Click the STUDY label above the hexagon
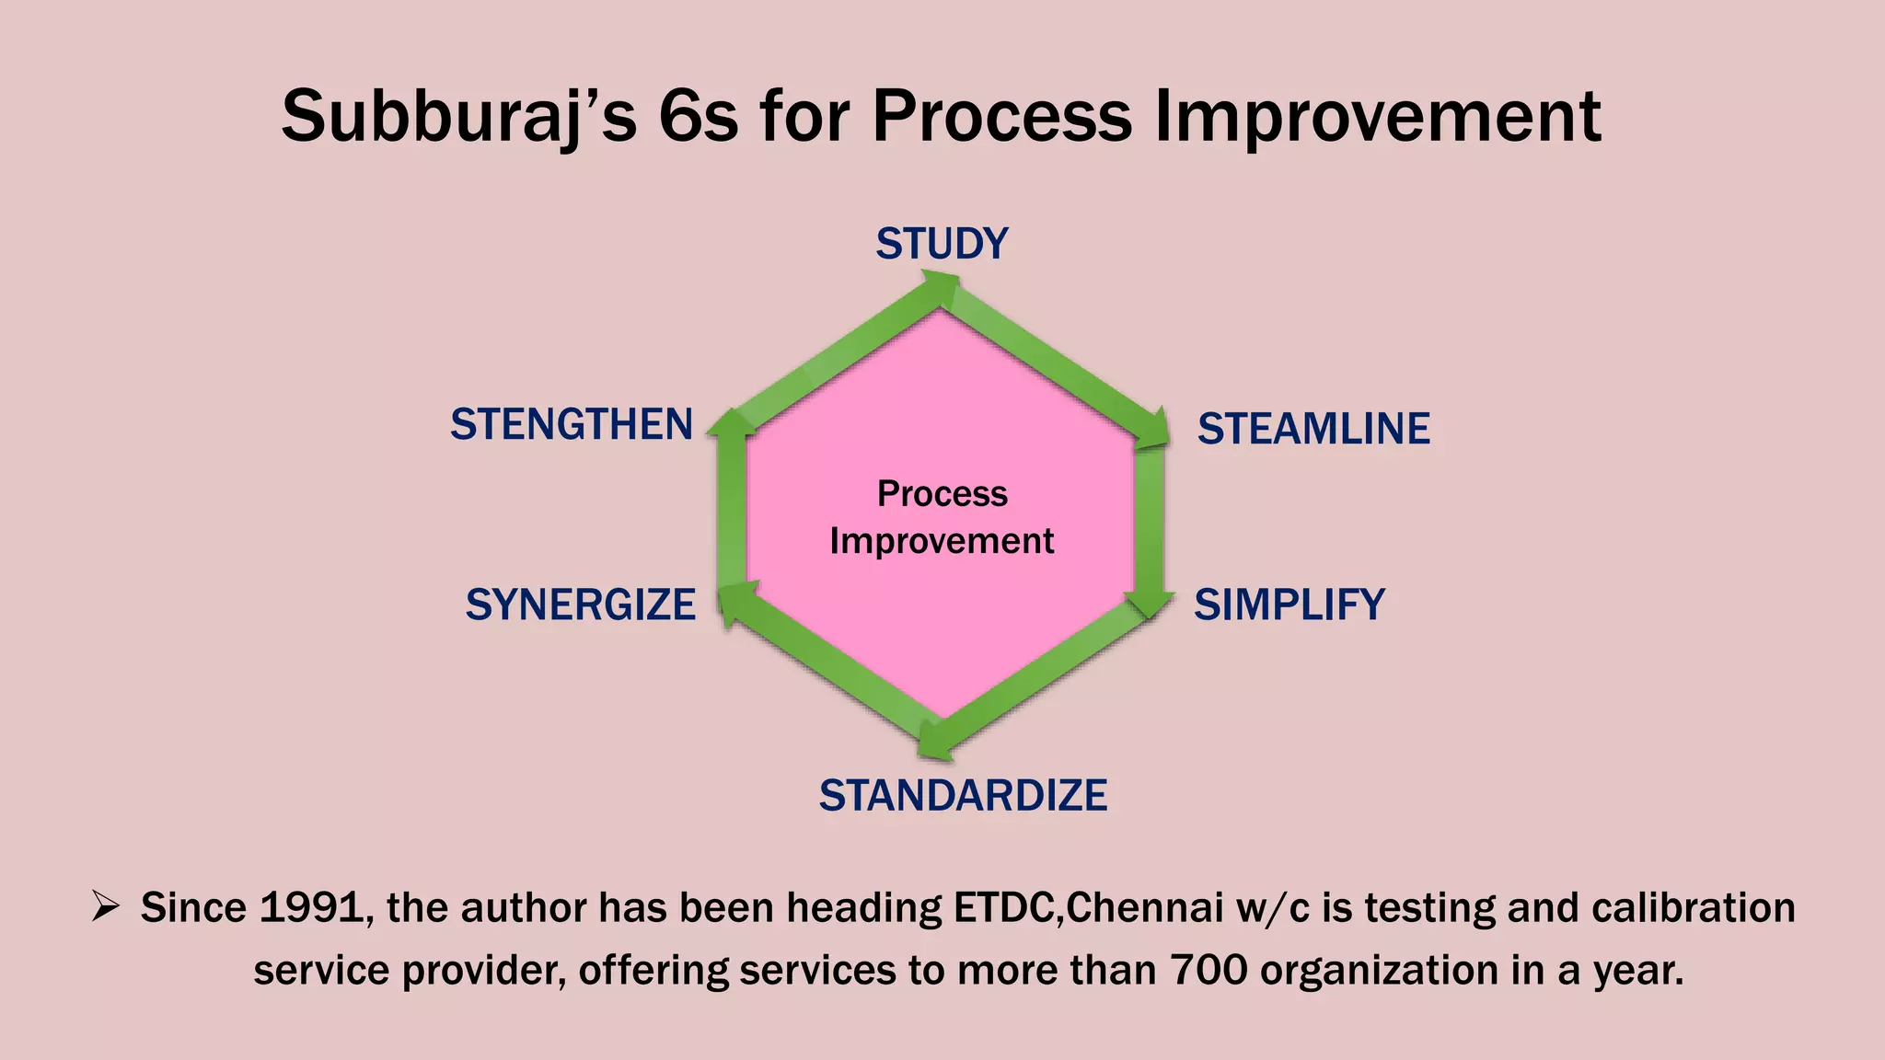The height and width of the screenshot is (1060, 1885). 942,244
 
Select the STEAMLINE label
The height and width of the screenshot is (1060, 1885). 1313,429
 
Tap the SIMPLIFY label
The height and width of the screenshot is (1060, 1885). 1289,605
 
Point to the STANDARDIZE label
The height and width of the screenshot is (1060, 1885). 963,796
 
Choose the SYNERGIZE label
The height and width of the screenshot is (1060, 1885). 580,605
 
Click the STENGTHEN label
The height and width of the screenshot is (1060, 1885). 571,424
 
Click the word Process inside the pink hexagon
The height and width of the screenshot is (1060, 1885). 942,494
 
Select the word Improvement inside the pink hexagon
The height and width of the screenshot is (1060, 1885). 942,541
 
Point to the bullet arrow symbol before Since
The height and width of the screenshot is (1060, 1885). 106,908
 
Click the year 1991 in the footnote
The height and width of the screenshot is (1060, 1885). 310,908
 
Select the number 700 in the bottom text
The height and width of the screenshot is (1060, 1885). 1208,971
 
